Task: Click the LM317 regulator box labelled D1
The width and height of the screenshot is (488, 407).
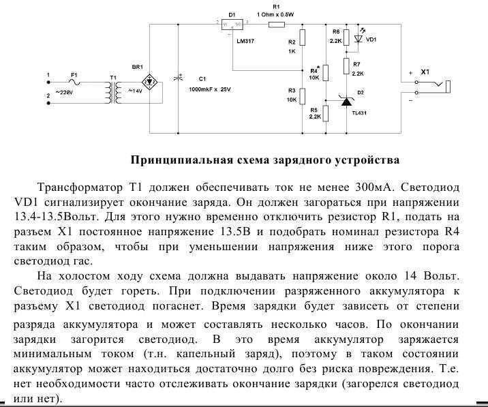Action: (232, 25)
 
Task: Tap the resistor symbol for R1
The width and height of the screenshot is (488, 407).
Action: (276, 25)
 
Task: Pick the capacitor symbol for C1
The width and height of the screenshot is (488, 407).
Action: (179, 78)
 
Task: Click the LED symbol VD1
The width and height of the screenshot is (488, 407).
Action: (359, 39)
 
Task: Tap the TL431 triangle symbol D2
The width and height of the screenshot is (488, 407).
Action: (346, 101)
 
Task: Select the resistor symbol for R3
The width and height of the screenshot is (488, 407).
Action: (302, 96)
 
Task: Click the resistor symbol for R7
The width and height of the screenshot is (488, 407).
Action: (346, 66)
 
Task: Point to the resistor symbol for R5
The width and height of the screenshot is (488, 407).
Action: (326, 113)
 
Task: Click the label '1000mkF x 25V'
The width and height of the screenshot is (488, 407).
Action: (210, 89)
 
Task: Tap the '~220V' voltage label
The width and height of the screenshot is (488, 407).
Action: (64, 93)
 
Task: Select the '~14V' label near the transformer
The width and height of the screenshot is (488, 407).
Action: (135, 91)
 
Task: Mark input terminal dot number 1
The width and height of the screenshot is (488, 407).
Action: (48, 82)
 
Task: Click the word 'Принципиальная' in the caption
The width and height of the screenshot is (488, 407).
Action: (182, 160)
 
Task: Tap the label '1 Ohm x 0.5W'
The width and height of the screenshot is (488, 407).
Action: (276, 14)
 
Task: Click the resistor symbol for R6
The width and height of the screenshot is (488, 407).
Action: (346, 37)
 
